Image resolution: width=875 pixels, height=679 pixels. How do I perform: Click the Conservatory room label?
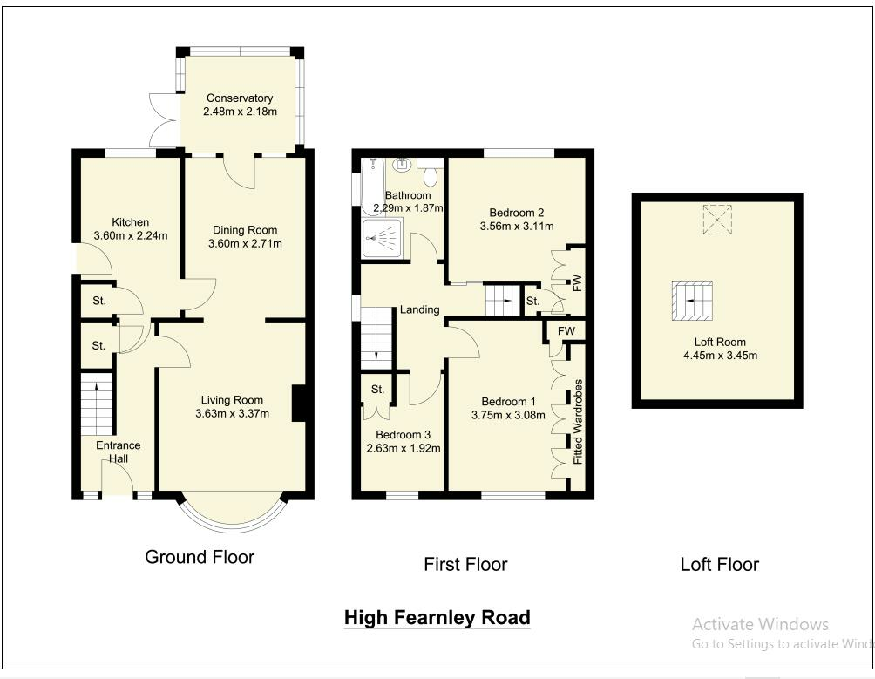240,98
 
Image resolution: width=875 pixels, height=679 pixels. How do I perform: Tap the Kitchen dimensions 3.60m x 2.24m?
131,235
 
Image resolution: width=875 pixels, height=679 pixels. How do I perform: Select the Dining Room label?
245,230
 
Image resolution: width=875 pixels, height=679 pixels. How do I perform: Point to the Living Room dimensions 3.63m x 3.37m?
232,413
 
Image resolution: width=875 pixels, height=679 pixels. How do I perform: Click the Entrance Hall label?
119,452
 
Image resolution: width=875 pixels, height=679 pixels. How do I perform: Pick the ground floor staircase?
97,404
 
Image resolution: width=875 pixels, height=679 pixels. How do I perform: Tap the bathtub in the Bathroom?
371,187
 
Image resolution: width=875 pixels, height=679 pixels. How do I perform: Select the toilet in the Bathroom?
430,173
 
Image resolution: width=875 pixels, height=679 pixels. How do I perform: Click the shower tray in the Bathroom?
382,238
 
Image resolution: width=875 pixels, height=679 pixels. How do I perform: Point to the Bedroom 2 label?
516,213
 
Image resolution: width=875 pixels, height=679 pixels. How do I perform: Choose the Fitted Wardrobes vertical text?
578,422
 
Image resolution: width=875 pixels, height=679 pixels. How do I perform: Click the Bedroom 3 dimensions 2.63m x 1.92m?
404,448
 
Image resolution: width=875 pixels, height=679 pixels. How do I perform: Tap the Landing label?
420,309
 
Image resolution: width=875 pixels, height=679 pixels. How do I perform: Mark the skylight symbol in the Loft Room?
717,220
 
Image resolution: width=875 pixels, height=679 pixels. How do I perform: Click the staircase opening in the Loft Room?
692,301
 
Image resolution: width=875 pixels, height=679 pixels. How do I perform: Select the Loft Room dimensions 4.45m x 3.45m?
721,356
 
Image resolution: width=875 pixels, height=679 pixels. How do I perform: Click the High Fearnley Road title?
437,618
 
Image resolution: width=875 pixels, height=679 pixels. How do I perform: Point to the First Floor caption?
465,564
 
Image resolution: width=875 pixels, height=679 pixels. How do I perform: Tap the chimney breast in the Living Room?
299,403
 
